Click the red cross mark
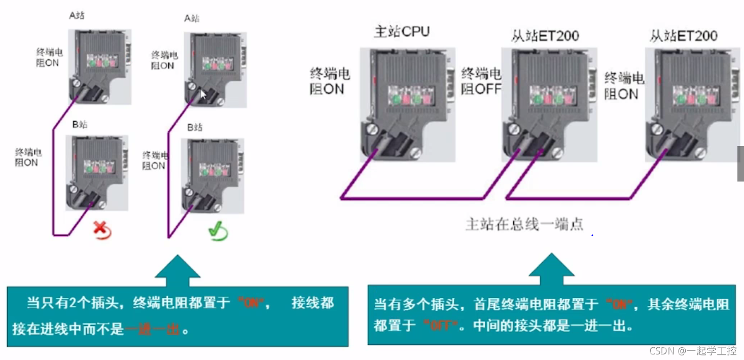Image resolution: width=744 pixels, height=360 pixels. tap(102, 231)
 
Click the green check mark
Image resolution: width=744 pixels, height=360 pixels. tap(218, 232)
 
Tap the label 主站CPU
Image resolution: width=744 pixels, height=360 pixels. tap(402, 32)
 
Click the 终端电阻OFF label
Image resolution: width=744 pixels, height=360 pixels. tap(481, 82)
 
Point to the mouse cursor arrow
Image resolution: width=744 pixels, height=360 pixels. tap(203, 95)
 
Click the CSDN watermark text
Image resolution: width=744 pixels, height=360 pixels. tap(692, 350)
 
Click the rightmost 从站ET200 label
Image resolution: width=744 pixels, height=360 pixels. tap(684, 35)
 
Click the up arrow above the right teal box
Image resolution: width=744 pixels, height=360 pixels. tap(551, 269)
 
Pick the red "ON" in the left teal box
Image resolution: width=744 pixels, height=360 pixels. tap(251, 303)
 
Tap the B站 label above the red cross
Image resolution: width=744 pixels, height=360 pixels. tap(79, 124)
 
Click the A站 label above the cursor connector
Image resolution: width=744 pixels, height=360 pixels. tap(192, 18)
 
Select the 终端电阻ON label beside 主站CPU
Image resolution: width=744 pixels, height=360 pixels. tap(330, 82)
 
